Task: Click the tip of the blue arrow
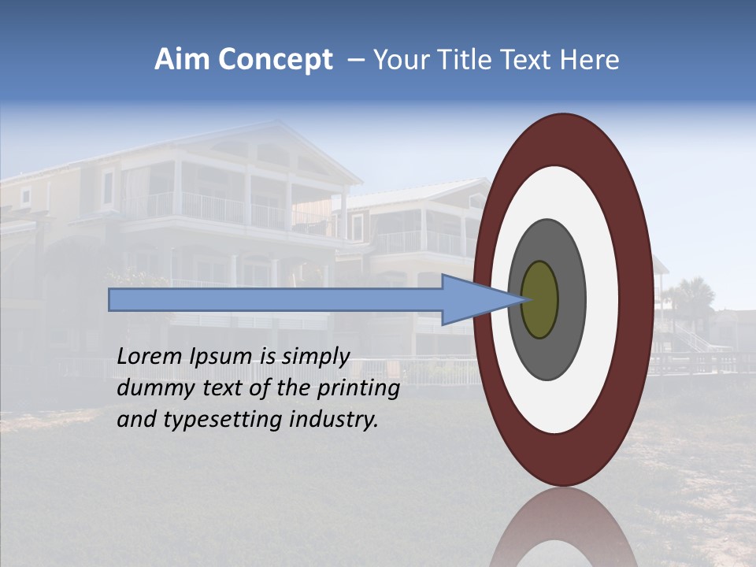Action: pos(525,299)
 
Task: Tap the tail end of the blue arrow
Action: pos(111,299)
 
